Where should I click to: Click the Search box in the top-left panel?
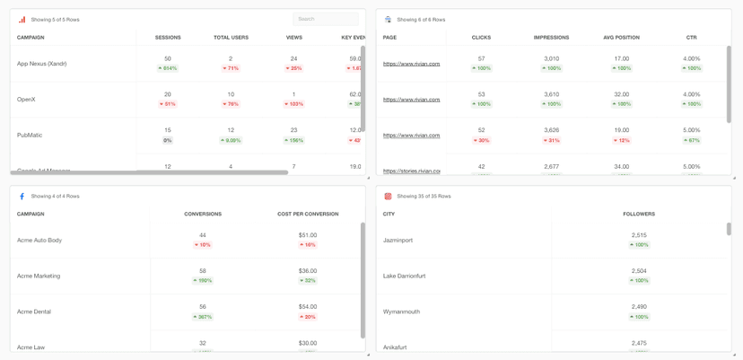pos(325,19)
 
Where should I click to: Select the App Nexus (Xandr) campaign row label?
pos(41,64)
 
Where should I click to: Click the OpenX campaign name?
pos(26,100)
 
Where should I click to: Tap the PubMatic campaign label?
pos(30,136)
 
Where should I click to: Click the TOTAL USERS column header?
pos(231,38)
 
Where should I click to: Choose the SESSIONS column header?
pos(168,38)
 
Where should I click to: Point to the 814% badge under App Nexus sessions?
pos(168,68)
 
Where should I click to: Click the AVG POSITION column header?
pos(621,38)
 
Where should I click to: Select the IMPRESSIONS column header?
pos(551,38)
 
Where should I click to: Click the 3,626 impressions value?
pos(551,130)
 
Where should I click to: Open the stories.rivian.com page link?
pos(411,171)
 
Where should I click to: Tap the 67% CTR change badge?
pos(691,140)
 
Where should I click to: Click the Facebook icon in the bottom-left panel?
pos(22,197)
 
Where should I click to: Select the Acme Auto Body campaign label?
pos(39,241)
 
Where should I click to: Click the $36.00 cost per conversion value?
pos(308,271)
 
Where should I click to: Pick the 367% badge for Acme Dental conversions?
pos(203,317)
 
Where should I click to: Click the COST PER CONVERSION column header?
pos(308,215)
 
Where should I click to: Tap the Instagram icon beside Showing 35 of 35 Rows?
pos(388,197)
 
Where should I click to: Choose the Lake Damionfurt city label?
pos(404,277)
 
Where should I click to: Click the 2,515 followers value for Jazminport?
pos(639,235)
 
